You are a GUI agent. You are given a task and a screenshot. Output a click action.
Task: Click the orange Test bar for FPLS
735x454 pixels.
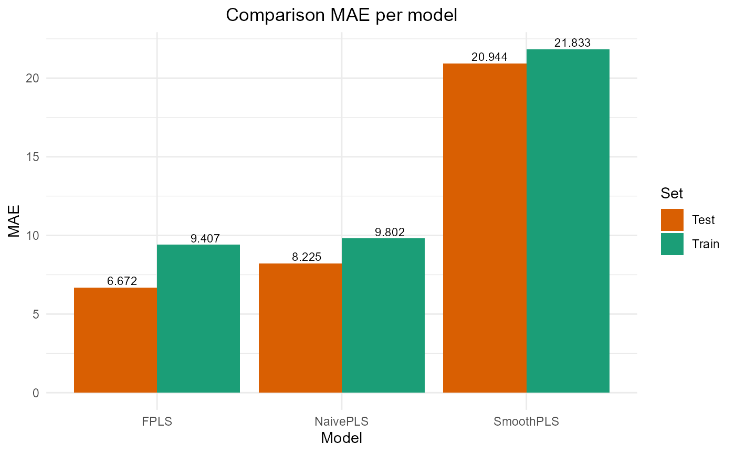115,340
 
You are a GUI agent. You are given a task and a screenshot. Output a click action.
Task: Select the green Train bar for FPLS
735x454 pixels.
198,319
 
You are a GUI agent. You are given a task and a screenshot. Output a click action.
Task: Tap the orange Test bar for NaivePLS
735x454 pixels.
300,328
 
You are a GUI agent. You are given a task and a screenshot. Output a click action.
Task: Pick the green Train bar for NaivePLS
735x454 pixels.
383,315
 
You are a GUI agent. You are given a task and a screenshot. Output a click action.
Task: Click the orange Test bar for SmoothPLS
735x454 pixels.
485,228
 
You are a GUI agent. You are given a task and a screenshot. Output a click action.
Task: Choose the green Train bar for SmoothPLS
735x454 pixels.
568,221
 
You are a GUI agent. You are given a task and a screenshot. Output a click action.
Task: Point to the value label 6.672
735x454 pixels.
122,281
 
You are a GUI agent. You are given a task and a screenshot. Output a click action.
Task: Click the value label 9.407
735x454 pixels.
205,239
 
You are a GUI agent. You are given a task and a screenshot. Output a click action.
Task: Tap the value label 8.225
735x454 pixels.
307,257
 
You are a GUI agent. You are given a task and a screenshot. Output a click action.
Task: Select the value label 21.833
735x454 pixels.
572,43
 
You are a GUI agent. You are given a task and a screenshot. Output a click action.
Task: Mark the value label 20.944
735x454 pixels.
489,57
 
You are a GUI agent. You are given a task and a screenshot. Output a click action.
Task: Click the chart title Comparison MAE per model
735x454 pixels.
342,15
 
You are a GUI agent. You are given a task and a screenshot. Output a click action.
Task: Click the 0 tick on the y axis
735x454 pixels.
36,393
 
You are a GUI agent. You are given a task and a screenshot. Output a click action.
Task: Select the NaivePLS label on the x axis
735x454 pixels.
342,421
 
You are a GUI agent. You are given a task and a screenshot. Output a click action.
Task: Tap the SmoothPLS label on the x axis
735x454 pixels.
526,421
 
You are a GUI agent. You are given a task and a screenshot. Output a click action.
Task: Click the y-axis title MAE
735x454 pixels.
15,220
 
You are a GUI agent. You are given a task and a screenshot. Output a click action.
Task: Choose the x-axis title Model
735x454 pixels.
342,438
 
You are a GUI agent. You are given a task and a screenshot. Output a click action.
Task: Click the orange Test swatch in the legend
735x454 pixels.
672,220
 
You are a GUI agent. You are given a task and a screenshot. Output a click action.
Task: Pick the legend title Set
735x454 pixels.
671,194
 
